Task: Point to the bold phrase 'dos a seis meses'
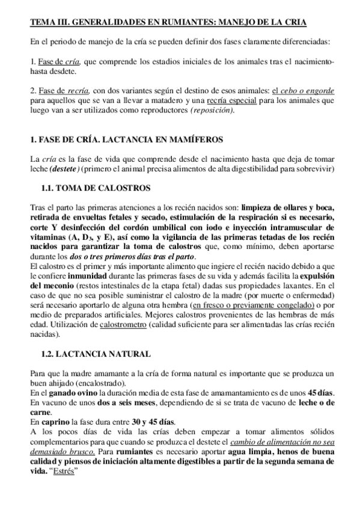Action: click(x=108, y=402)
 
